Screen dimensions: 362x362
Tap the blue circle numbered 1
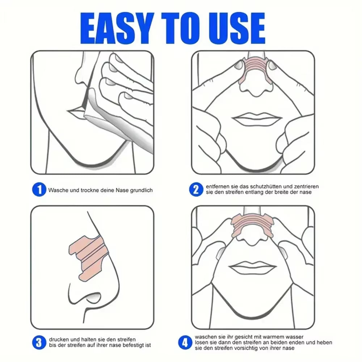[39, 190]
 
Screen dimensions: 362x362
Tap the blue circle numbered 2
[195, 190]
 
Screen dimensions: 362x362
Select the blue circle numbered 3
[39, 342]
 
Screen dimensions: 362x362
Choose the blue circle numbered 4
[185, 342]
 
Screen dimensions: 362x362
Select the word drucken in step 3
[59, 339]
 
